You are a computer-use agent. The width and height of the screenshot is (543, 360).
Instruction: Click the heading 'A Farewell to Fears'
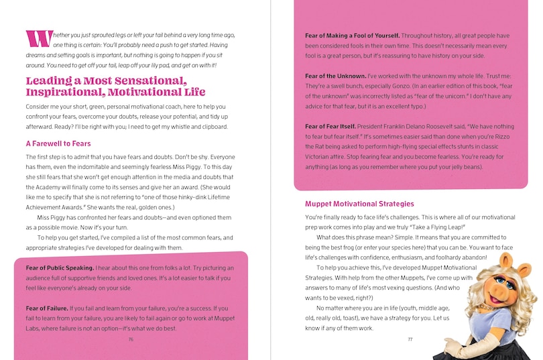click(x=58, y=143)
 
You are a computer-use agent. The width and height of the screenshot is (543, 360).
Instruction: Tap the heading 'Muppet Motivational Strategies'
click(x=359, y=204)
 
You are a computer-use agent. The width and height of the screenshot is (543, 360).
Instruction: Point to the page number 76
click(x=131, y=339)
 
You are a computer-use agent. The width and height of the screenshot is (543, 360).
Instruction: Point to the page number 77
click(x=410, y=339)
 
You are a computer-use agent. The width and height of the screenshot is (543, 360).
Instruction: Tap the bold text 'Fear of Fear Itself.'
click(x=330, y=126)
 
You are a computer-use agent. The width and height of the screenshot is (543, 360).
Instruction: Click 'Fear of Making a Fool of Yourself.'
click(x=353, y=35)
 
